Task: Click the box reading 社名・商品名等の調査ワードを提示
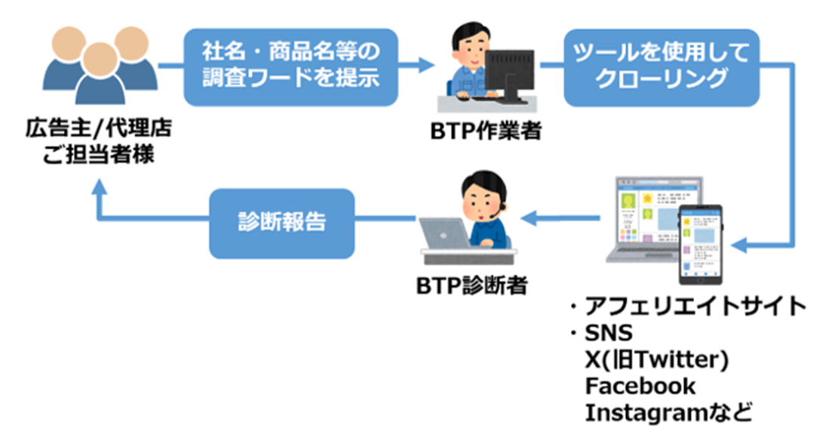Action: pyautogui.click(x=290, y=66)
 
